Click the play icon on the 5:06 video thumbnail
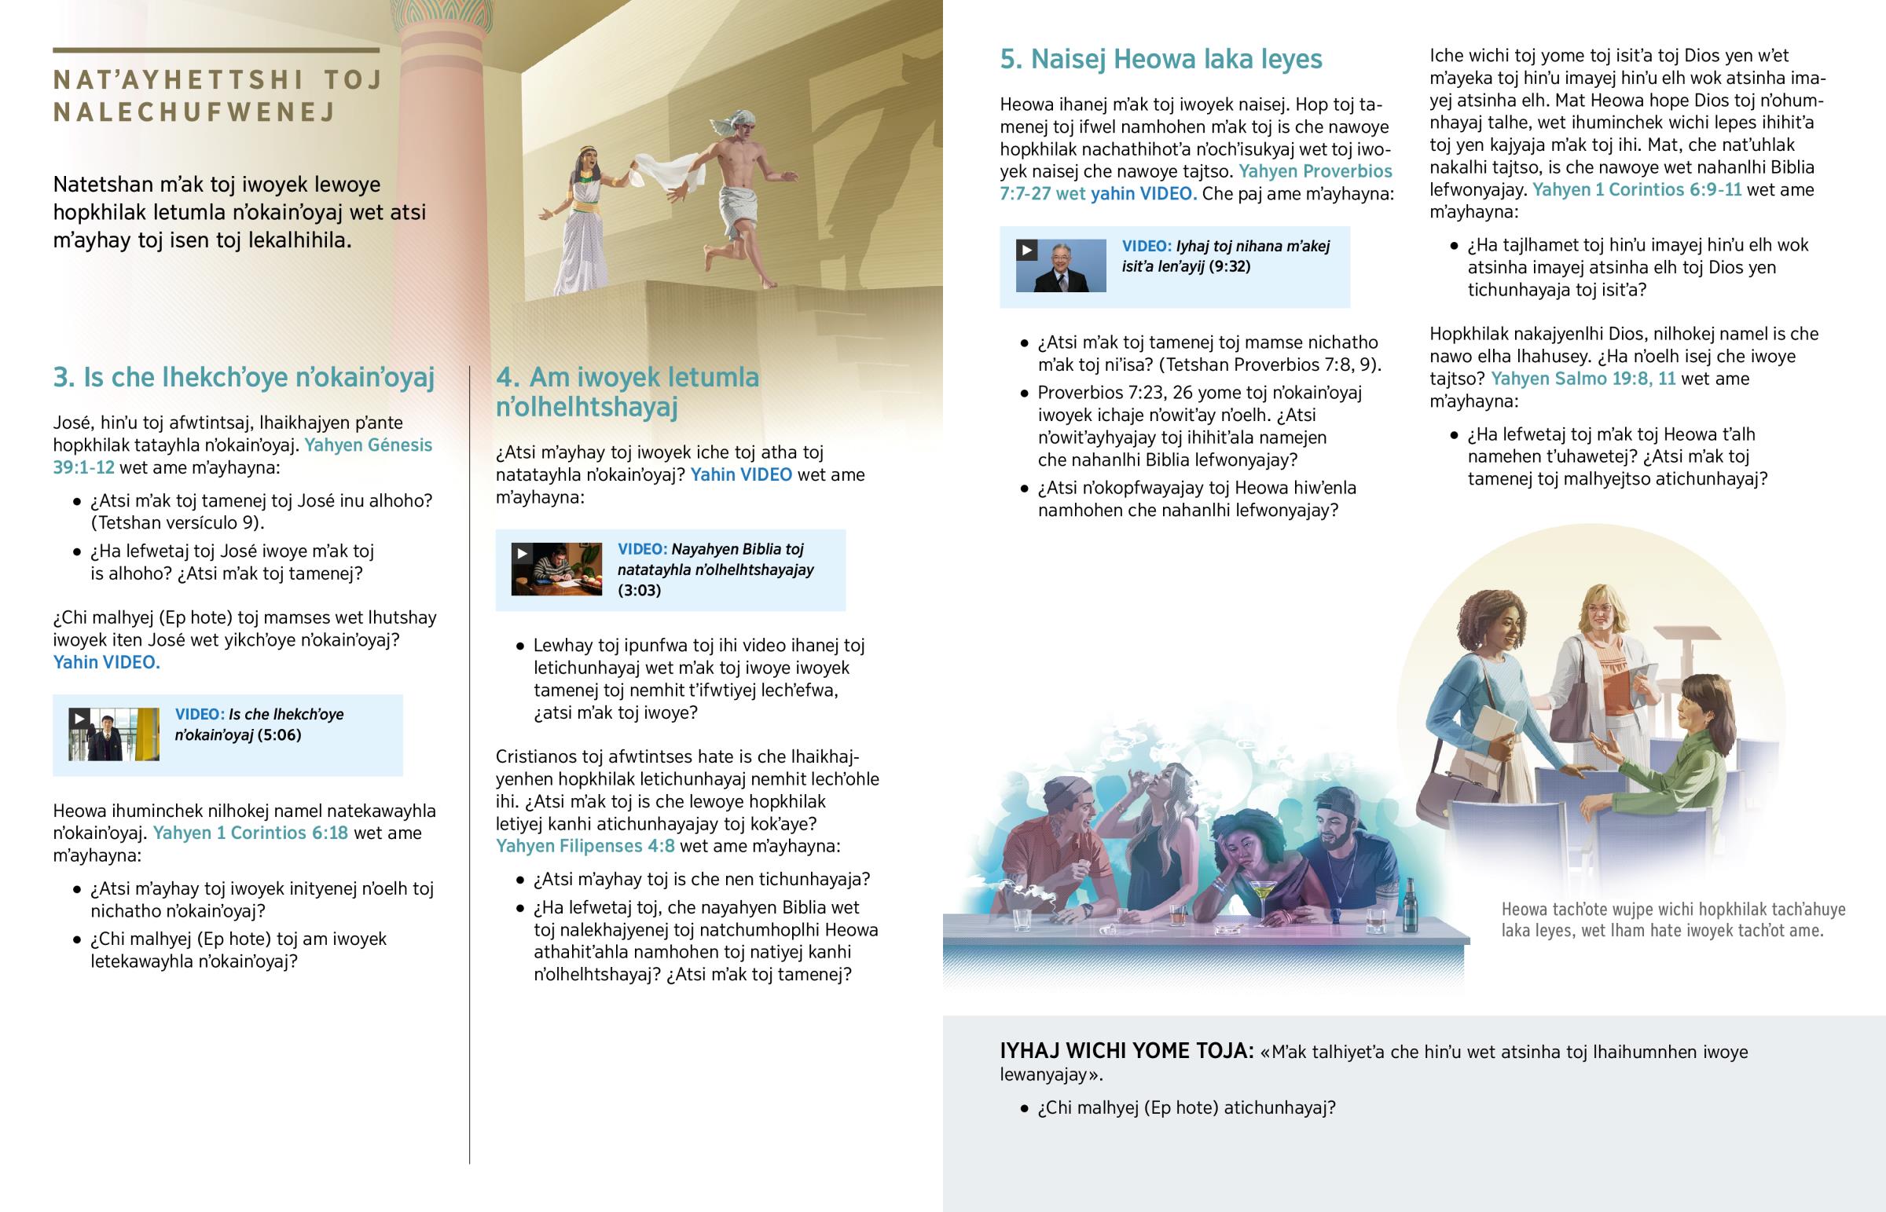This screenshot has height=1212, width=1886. pos(79,719)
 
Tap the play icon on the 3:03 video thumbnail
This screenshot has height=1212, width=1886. pos(521,553)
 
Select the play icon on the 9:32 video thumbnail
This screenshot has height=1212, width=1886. pos(1026,251)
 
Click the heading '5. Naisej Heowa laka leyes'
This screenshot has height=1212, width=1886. pos(1160,59)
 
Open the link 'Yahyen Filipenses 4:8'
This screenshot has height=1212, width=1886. pos(585,846)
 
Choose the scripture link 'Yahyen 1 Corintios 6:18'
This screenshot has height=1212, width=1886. pos(251,833)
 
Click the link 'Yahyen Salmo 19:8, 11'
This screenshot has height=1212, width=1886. pos(1583,379)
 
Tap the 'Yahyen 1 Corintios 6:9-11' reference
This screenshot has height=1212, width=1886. pos(1636,189)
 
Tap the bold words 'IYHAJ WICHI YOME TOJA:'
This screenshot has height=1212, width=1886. pos(1125,1052)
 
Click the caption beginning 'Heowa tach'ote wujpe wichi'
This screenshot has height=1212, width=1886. pos(1673,920)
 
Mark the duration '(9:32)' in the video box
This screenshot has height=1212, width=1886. pos(1230,267)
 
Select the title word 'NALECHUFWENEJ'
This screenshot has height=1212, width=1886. pos(194,112)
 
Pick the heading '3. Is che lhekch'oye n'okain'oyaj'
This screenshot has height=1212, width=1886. pos(244,378)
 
